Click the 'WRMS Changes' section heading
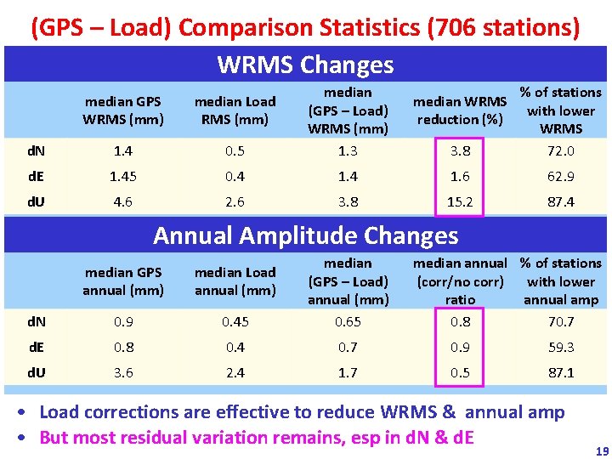(x=305, y=65)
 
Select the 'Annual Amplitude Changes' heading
(x=305, y=235)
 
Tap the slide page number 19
(x=601, y=451)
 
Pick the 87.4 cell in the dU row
(x=560, y=203)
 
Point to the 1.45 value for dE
(x=123, y=177)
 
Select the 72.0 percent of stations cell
(x=560, y=151)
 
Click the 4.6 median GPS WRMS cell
(x=123, y=203)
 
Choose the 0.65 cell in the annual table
(x=348, y=322)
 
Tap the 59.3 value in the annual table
(x=560, y=347)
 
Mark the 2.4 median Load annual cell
(x=235, y=372)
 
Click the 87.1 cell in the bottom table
(x=560, y=372)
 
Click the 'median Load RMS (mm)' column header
(x=235, y=110)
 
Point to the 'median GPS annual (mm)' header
(x=123, y=281)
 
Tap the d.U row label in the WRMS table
(x=37, y=203)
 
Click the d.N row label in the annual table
(x=37, y=322)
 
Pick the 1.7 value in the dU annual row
(x=348, y=372)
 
